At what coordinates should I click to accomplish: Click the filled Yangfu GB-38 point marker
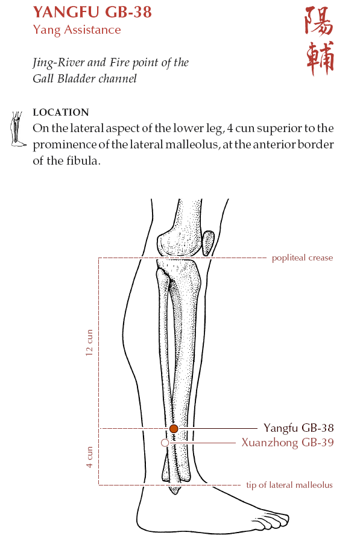tap(174, 428)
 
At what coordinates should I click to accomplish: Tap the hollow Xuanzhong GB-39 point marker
tap(165, 443)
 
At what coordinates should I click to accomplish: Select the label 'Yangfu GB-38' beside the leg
tap(298, 428)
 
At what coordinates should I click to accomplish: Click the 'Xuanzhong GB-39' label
tap(288, 443)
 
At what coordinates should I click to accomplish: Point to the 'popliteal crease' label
tap(302, 258)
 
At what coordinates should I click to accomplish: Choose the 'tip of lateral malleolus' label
tap(289, 485)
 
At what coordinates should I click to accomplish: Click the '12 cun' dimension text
tap(89, 343)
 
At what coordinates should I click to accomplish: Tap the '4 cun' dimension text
tap(89, 457)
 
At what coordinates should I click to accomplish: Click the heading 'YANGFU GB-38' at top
tap(92, 12)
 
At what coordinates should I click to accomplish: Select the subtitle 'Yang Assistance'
tap(77, 30)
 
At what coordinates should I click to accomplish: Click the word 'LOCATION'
tap(61, 112)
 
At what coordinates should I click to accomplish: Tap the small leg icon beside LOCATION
tap(17, 129)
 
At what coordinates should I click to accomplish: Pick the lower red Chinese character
tap(320, 58)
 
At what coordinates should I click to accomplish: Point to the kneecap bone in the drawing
tap(208, 243)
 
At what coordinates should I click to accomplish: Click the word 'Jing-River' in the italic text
tap(58, 63)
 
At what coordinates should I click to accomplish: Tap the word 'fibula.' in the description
tap(83, 160)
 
